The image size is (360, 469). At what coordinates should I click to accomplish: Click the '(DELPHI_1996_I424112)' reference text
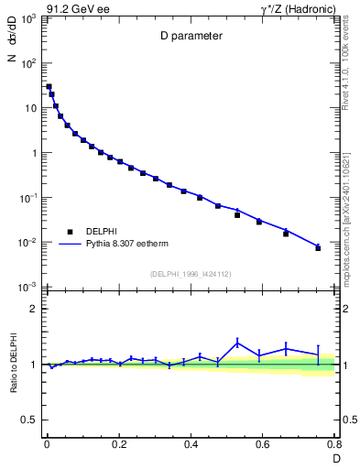tap(191, 273)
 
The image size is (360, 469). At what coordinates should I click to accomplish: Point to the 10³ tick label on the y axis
tap(28, 19)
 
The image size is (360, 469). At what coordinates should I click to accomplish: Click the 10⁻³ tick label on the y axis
tap(28, 288)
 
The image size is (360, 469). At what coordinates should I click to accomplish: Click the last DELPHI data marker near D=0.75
tap(318, 248)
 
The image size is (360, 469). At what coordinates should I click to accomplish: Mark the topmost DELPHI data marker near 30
tap(49, 87)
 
